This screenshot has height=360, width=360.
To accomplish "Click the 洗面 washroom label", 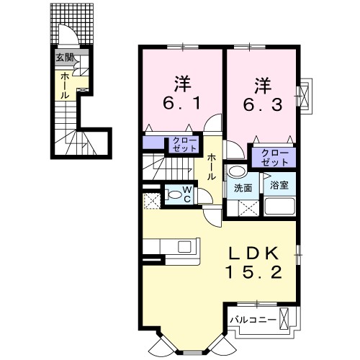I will click(243, 188).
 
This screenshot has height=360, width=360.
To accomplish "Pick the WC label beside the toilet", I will click(186, 194).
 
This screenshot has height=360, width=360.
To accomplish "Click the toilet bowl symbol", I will click(173, 194).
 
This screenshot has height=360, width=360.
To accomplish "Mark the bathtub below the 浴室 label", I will click(280, 207).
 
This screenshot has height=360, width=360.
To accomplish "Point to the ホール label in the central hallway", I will click(212, 166).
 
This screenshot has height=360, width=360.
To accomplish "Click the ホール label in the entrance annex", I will click(64, 85).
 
